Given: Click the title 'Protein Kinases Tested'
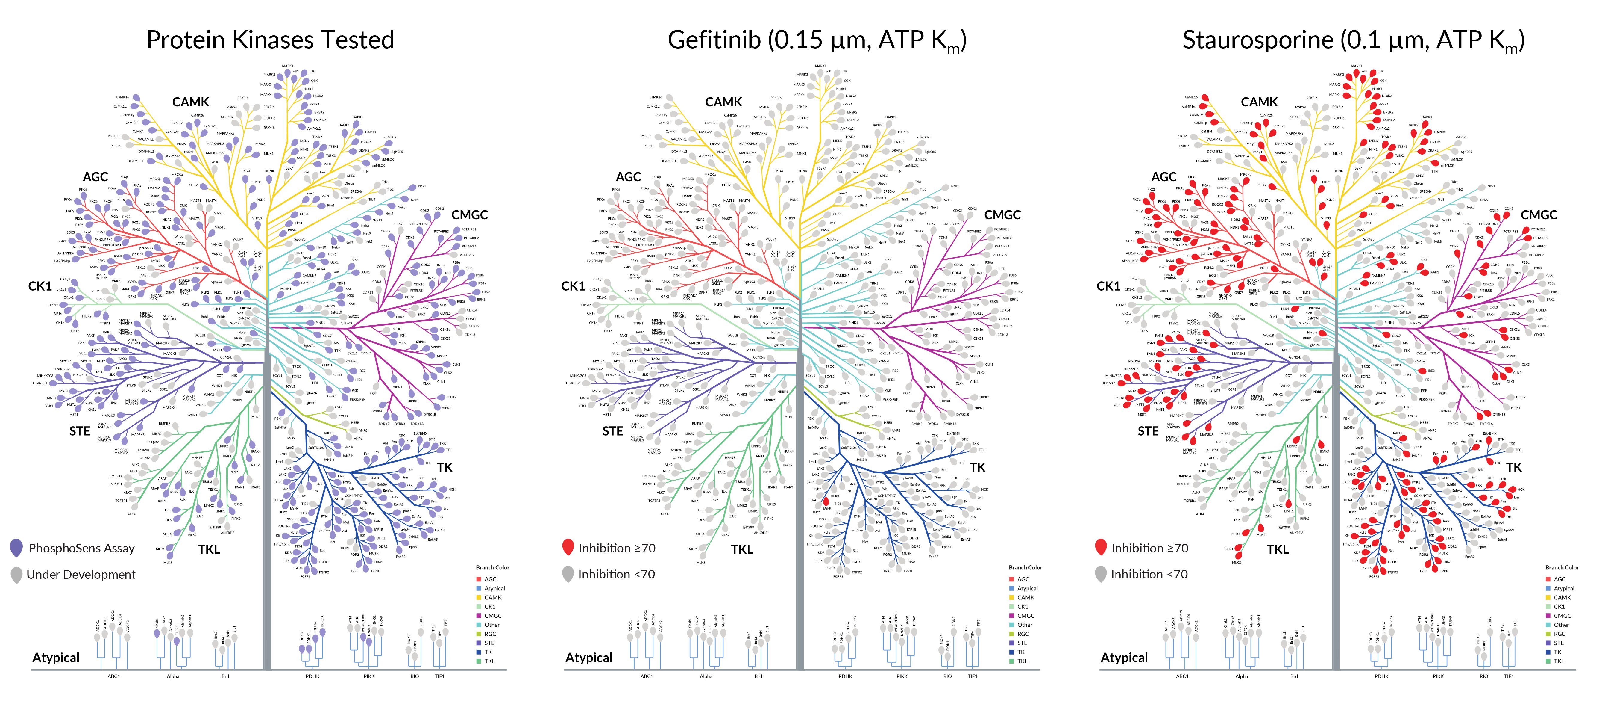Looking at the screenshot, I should tap(270, 40).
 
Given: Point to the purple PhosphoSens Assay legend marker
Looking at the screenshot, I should tap(17, 548).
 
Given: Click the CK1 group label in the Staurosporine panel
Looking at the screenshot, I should tap(1108, 286).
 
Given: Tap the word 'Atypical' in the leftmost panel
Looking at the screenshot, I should tap(56, 658).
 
